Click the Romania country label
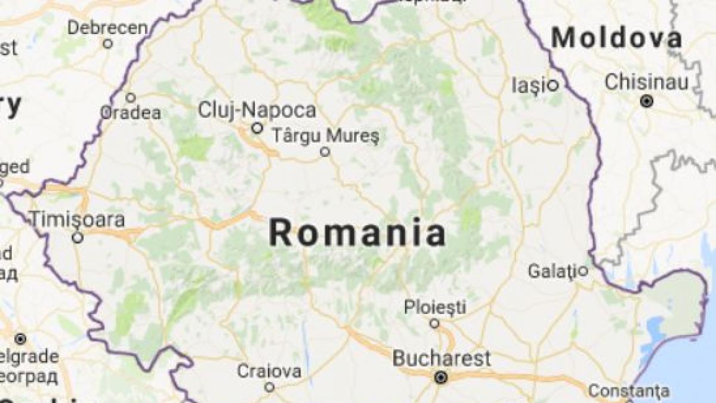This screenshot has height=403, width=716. tap(357, 233)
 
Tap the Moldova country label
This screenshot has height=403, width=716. tap(616, 39)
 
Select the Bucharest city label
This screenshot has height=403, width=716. tap(442, 358)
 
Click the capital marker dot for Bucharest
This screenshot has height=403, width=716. tap(441, 377)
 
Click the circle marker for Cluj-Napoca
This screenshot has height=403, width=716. tap(257, 128)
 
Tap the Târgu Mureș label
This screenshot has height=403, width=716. tap(325, 134)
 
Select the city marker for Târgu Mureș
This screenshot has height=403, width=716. tap(325, 152)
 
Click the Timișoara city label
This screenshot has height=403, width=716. tap(78, 219)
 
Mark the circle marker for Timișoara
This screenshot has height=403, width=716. tap(77, 238)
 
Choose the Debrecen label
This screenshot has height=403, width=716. tap(107, 27)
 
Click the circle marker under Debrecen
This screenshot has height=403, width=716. tap(108, 44)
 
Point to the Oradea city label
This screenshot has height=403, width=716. tap(130, 113)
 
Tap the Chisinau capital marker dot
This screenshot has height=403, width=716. tap(646, 101)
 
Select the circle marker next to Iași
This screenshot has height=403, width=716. tap(553, 85)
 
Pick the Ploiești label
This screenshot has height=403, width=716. tap(435, 307)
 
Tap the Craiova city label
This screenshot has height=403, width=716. tap(269, 371)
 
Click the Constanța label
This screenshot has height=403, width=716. tap(629, 391)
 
